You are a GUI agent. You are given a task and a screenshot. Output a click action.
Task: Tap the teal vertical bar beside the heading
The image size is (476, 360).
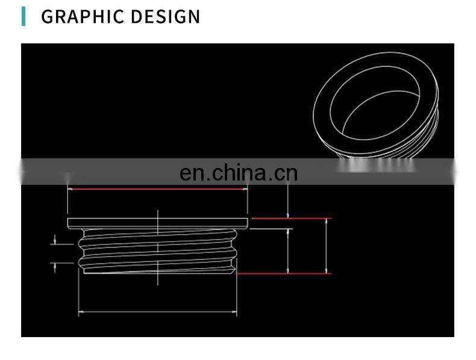tap(23, 16)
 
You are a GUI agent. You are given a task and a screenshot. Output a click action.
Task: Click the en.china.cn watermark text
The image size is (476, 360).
tap(239, 173)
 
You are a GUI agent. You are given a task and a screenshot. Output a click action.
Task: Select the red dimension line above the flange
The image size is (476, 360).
tap(157, 189)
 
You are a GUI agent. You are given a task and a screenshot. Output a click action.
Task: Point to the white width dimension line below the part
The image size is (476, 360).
tap(157, 312)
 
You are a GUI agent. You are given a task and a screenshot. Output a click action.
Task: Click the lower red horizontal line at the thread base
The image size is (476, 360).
tap(283, 274)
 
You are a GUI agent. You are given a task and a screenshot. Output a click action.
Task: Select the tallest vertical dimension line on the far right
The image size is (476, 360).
tap(326, 246)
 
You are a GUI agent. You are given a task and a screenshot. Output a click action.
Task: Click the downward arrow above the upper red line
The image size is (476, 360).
tap(288, 213)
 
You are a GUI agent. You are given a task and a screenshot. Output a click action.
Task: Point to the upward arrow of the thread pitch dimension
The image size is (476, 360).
tap(55, 265)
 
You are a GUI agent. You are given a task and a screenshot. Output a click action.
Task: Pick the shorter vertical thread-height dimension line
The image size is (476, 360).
tap(288, 250)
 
